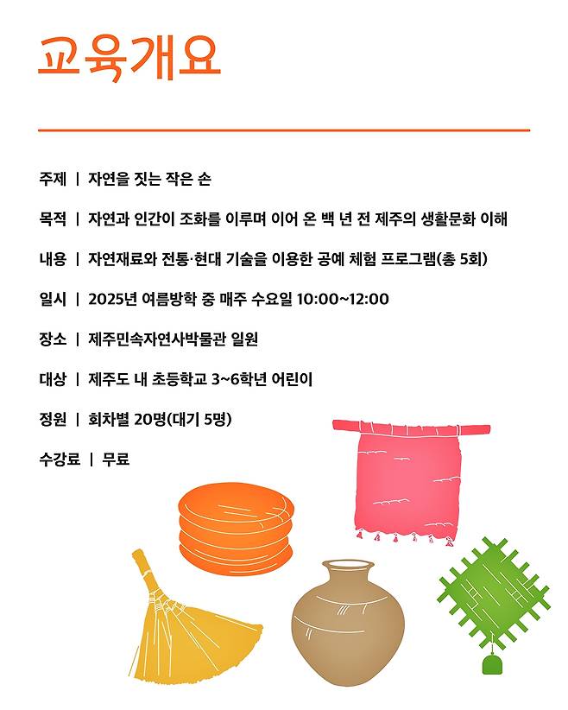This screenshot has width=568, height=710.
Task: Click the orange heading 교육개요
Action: tap(129, 58)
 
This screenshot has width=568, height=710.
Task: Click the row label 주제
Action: tap(52, 180)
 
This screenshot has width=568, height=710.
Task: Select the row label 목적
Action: tap(52, 219)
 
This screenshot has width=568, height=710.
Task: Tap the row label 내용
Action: tap(52, 259)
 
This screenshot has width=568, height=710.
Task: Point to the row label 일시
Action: tap(52, 300)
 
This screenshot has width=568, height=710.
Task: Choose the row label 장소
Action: tap(52, 339)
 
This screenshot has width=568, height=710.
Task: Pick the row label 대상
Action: tap(52, 379)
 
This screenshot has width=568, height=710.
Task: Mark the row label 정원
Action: tap(52, 420)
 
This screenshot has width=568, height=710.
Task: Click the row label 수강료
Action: tap(59, 460)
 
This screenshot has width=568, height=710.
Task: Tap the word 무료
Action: tap(116, 460)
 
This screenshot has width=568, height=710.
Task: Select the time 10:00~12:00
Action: tap(343, 300)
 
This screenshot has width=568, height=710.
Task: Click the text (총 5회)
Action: tap(463, 259)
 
